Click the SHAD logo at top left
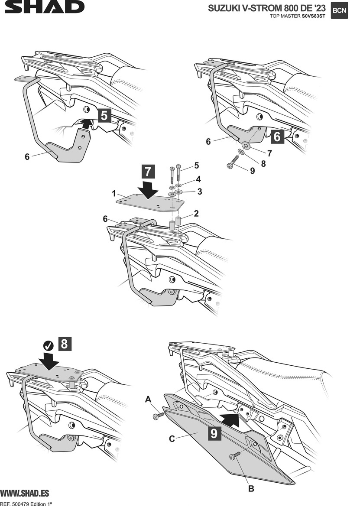pyautogui.click(x=42, y=7)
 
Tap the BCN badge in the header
pyautogui.click(x=339, y=11)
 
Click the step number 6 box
pyautogui.click(x=278, y=137)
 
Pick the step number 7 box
pyautogui.click(x=147, y=172)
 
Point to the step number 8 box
pyautogui.click(x=64, y=344)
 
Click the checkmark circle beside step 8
pyautogui.click(x=49, y=345)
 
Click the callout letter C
pyautogui.click(x=172, y=439)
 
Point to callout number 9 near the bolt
pyautogui.click(x=252, y=171)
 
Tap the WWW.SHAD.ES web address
pyautogui.click(x=24, y=494)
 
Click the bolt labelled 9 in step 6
pyautogui.click(x=230, y=165)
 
